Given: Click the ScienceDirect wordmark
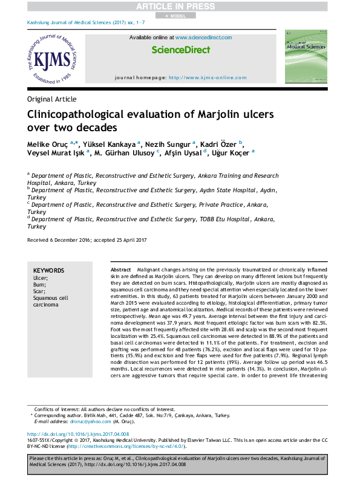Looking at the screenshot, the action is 180,50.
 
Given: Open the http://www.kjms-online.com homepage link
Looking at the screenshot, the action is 208,78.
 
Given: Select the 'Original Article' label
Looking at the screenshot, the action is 52,99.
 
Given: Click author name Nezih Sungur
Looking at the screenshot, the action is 168,144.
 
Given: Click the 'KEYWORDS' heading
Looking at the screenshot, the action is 48,270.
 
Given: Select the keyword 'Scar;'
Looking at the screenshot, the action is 41,291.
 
